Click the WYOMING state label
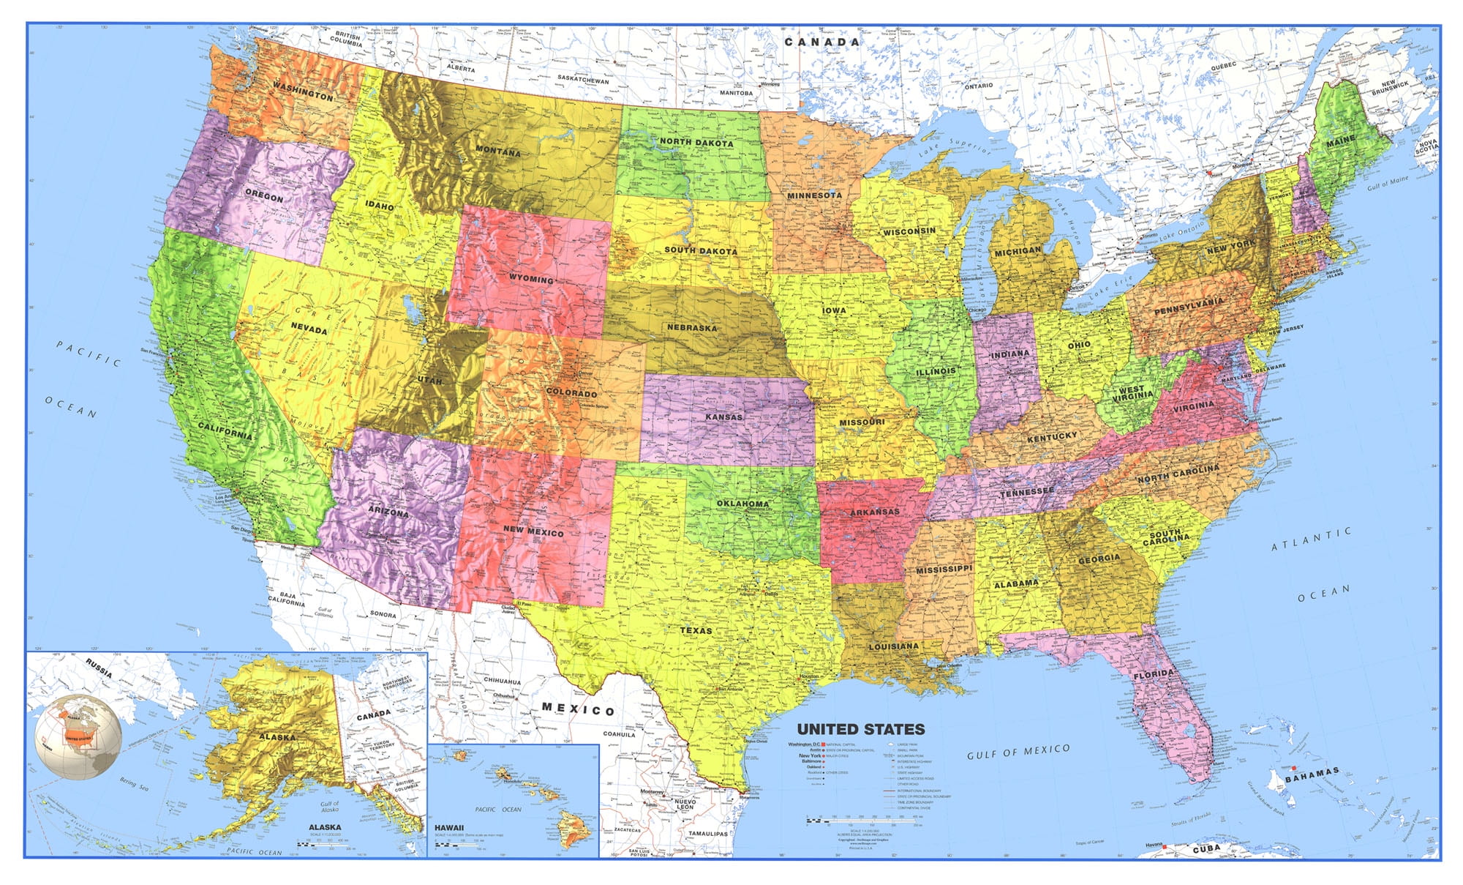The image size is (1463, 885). coord(531,279)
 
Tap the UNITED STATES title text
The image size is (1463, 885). coord(860,729)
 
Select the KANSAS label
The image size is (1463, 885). coord(723,417)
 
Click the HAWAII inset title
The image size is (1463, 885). coord(449,828)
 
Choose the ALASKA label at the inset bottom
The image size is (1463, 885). coord(325,827)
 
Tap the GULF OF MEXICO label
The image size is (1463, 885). coord(1018,752)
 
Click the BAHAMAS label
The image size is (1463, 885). coord(1312,774)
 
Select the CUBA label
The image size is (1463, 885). coord(1206,848)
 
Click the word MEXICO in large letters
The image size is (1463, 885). coord(578,709)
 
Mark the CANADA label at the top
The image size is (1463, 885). coord(822,42)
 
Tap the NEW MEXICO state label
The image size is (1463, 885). coord(533,531)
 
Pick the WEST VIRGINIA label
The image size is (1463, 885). coord(1132,394)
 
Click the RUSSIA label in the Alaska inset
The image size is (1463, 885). coord(99,668)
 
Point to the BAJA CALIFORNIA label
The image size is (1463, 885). coord(287,599)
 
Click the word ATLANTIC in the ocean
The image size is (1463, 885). coord(1311,539)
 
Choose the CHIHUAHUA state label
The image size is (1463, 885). coord(502,682)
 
